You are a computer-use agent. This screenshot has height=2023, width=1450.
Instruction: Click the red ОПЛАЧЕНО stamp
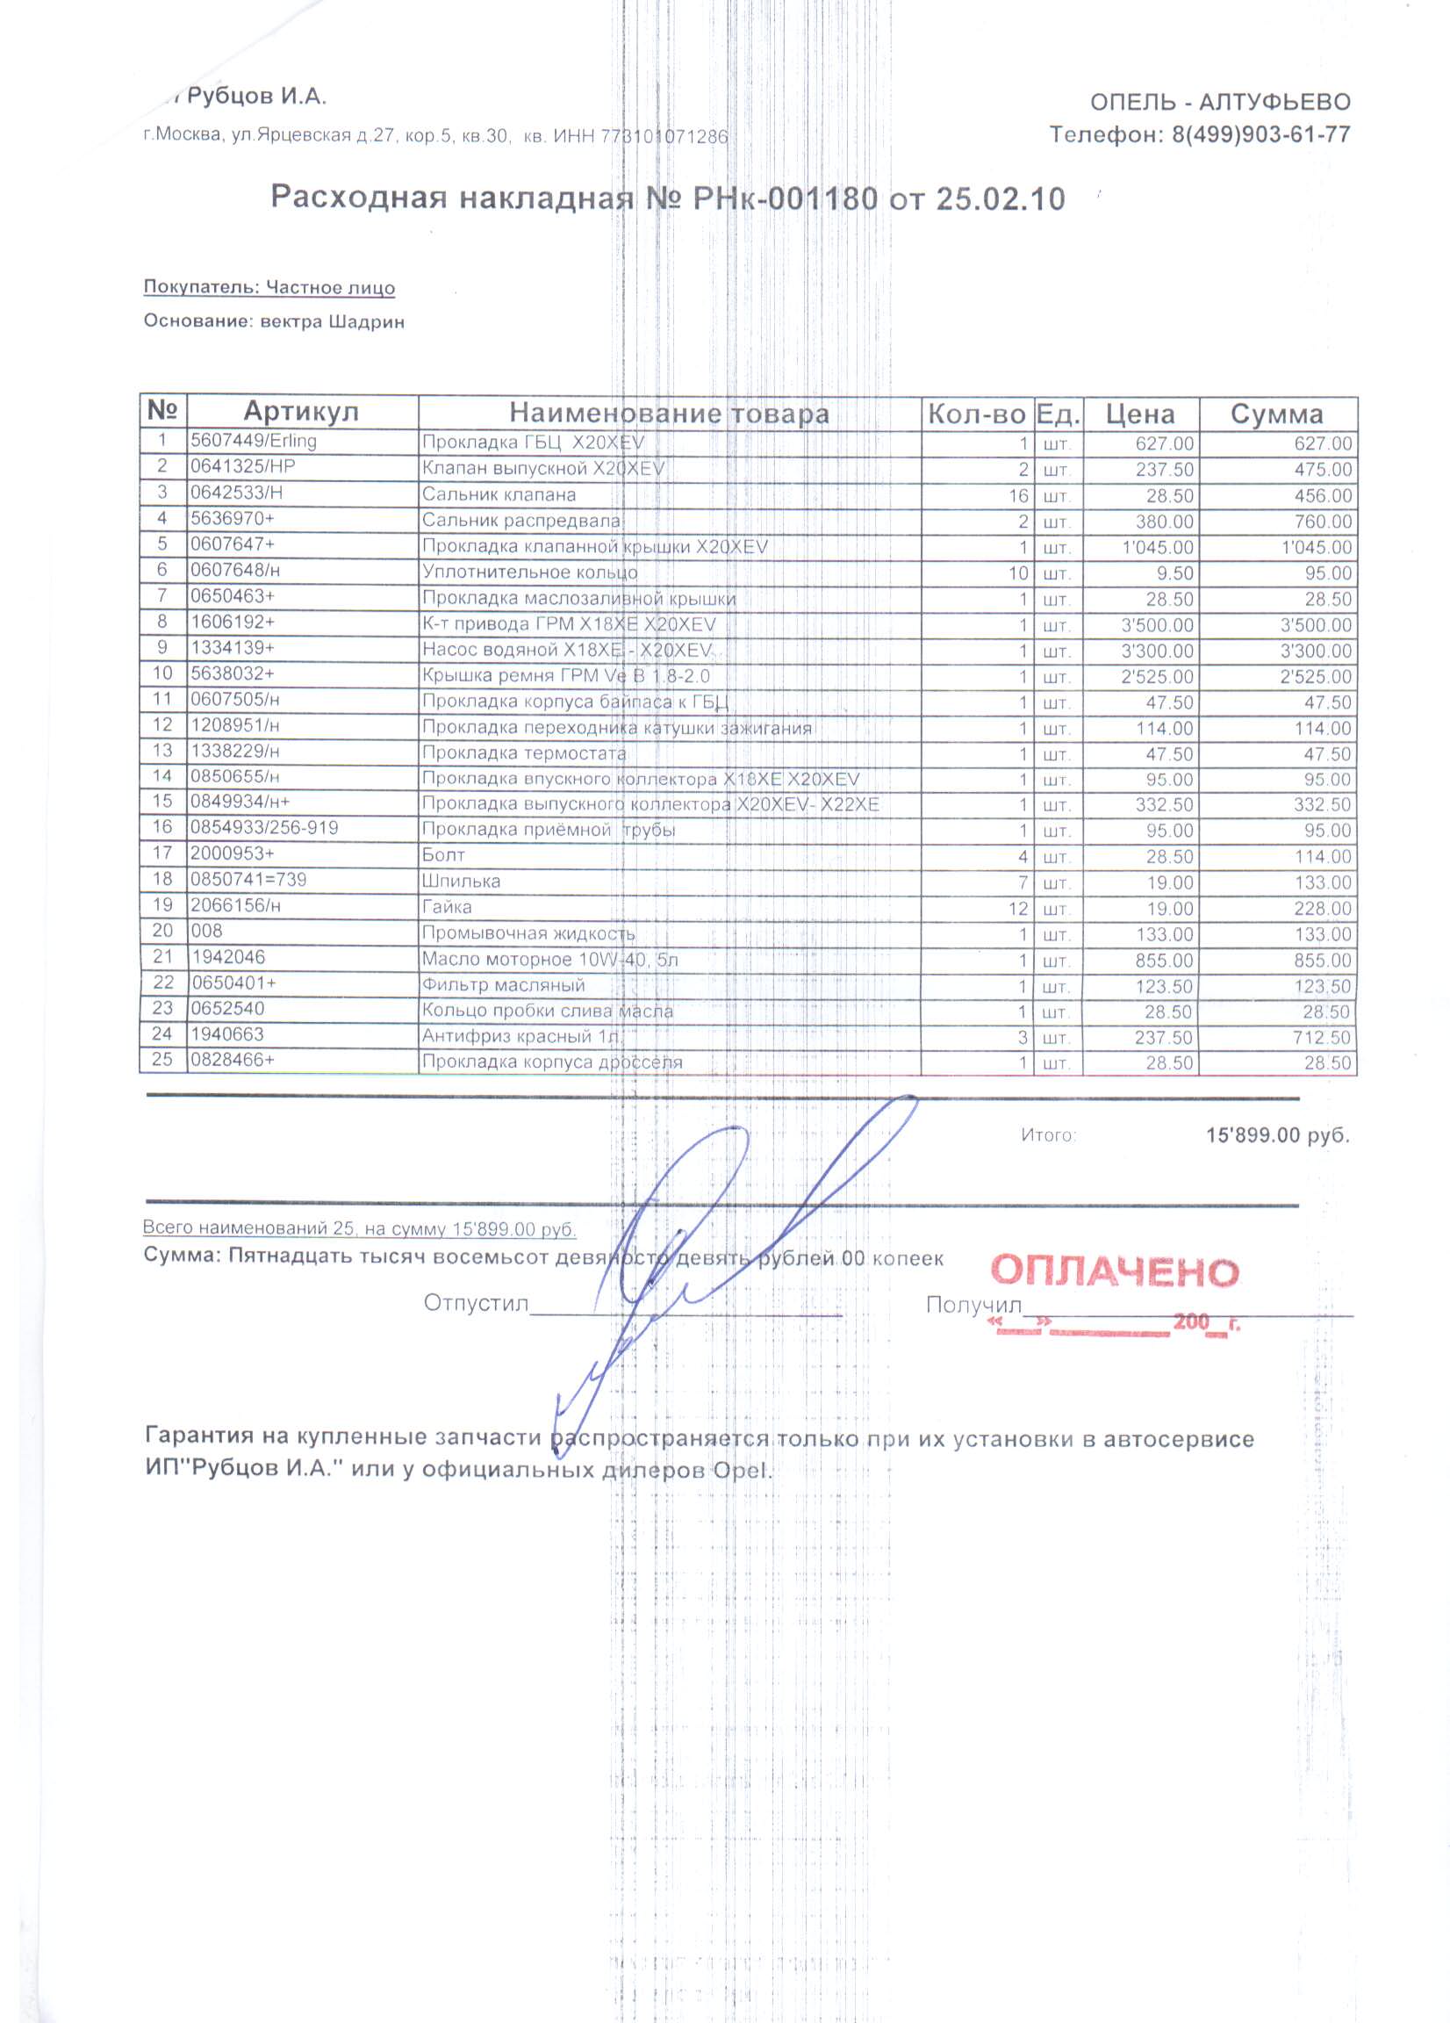pyautogui.click(x=1114, y=1271)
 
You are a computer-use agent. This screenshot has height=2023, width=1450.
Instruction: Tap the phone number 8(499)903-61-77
pyautogui.click(x=1260, y=134)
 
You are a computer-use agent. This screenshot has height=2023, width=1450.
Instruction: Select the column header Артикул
pyautogui.click(x=300, y=412)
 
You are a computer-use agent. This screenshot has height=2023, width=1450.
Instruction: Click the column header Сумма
pyautogui.click(x=1276, y=414)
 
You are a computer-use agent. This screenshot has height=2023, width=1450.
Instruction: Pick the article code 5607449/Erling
pyautogui.click(x=254, y=441)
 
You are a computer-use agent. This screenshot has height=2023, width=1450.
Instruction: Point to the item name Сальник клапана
pyautogui.click(x=499, y=495)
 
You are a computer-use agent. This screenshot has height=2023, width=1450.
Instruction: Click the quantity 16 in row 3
pyautogui.click(x=1017, y=496)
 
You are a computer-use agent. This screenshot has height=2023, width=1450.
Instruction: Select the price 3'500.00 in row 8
pyautogui.click(x=1157, y=625)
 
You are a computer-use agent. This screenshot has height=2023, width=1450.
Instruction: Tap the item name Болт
pyautogui.click(x=443, y=855)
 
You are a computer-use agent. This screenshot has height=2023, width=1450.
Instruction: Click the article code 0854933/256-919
pyautogui.click(x=264, y=828)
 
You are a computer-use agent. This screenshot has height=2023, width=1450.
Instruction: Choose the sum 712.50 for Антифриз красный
pyautogui.click(x=1323, y=1038)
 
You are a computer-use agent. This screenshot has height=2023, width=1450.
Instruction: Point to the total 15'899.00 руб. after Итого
pyautogui.click(x=1277, y=1135)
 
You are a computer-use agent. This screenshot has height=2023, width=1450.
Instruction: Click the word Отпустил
pyautogui.click(x=477, y=1303)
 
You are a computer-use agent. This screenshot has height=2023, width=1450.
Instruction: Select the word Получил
pyautogui.click(x=973, y=1305)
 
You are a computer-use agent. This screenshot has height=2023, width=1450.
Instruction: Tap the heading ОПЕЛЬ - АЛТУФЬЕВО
pyautogui.click(x=1220, y=103)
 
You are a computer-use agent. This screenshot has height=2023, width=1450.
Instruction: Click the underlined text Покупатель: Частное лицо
pyautogui.click(x=269, y=287)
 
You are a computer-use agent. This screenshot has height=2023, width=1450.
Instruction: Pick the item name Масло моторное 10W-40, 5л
pyautogui.click(x=549, y=960)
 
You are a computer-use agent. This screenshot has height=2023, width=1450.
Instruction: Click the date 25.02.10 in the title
pyautogui.click(x=1000, y=199)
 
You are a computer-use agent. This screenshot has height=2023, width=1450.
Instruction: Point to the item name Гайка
pyautogui.click(x=447, y=907)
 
